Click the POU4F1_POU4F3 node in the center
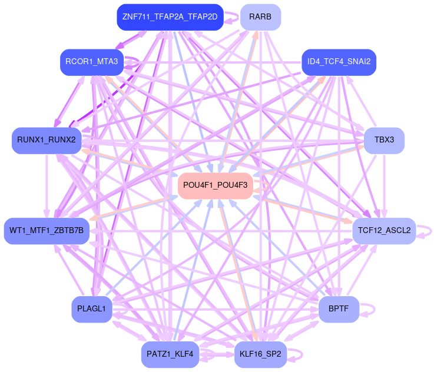(x=218, y=185)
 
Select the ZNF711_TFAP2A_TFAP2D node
(x=170, y=17)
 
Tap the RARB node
(x=260, y=17)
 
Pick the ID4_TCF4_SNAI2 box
(x=338, y=62)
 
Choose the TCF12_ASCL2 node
(x=384, y=230)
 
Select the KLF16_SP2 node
(x=260, y=354)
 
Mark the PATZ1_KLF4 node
(x=170, y=354)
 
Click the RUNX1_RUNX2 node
(x=46, y=140)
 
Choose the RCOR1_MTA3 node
(x=91, y=62)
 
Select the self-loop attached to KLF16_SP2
(x=302, y=354)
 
